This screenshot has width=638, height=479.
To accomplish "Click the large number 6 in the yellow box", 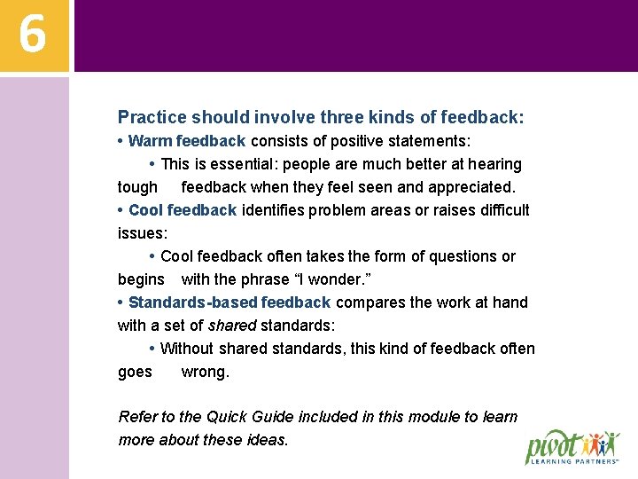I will click(33, 35).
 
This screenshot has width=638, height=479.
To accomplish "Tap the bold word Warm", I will click(150, 141).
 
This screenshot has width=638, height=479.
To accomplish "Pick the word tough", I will click(137, 187).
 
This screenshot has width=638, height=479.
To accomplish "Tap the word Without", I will click(188, 349).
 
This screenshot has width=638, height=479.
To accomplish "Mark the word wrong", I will click(205, 372).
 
